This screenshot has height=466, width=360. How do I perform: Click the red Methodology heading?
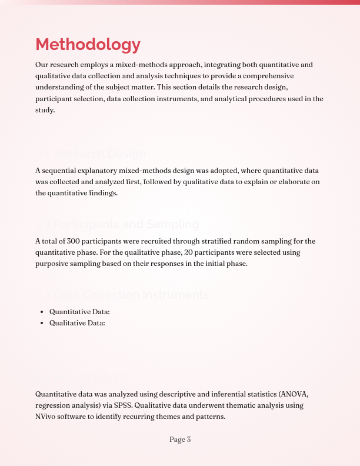(88, 45)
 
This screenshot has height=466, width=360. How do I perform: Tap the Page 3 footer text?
(180, 440)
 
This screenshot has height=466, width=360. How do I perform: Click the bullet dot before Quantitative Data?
(41, 312)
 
